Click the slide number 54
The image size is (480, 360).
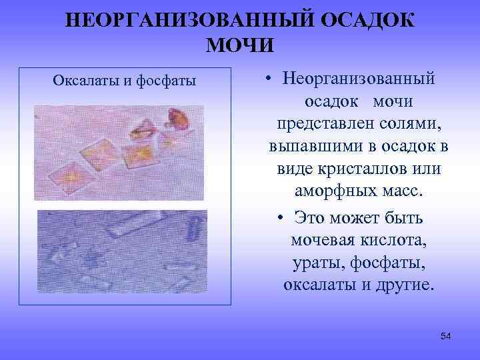446,336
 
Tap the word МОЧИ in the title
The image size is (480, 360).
240,45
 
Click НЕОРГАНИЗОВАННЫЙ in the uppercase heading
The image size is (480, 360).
169,19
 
